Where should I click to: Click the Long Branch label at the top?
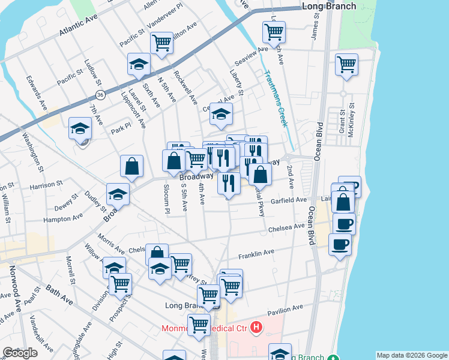(x=329, y=7)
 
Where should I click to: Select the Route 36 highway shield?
(x=100, y=95)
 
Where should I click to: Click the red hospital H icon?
(x=256, y=327)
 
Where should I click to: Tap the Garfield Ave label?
(x=289, y=200)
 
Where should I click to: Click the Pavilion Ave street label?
(x=285, y=310)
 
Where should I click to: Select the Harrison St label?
(x=46, y=184)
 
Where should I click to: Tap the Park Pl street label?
(x=120, y=128)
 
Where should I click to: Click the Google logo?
(x=20, y=353)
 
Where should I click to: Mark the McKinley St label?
(x=352, y=120)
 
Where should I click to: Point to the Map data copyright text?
(x=412, y=355)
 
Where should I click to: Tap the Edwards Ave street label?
(x=37, y=92)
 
